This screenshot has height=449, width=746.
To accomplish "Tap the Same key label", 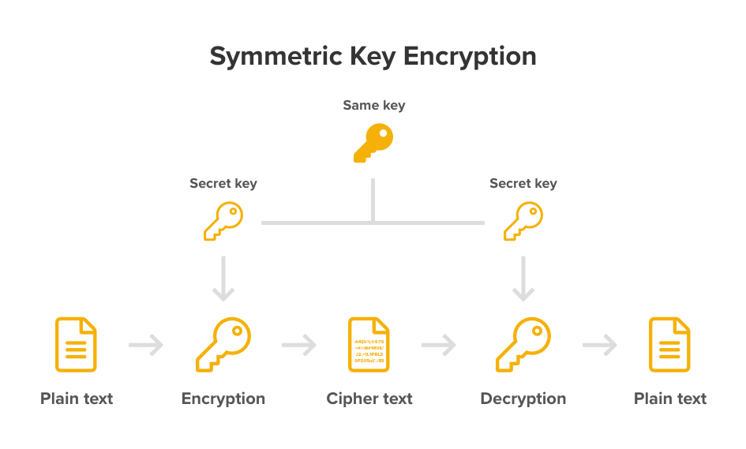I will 373,105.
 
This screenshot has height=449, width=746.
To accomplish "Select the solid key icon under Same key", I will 373,144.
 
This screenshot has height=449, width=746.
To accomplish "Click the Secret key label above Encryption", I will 223,183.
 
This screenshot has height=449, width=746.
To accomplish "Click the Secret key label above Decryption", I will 523,183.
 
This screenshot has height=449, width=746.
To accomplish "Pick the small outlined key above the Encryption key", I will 223,221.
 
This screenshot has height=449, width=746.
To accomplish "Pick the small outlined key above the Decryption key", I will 523,221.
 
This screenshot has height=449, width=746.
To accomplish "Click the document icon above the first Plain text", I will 76,345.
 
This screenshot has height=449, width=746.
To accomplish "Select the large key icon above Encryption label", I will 223,345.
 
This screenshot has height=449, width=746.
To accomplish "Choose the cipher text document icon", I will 369,345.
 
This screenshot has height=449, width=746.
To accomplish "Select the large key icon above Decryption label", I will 523,345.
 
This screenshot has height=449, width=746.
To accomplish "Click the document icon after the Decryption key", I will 669,345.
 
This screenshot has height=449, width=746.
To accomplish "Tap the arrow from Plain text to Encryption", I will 146,345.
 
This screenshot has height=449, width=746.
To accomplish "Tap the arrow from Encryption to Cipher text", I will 298,345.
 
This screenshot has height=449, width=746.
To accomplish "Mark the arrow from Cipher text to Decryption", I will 440,345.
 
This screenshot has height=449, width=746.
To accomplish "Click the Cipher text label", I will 369,398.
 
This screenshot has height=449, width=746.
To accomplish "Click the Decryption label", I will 523,398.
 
